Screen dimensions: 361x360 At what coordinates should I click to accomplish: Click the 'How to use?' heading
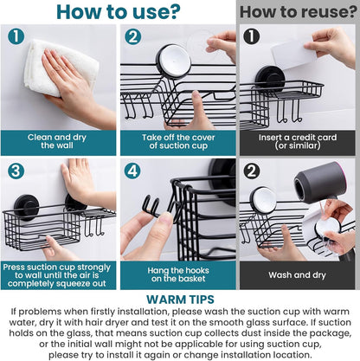(118, 12)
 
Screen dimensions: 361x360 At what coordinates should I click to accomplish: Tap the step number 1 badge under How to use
(15, 37)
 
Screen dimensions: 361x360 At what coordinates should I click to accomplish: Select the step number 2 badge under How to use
(132, 37)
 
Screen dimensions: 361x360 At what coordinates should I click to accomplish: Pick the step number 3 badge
(15, 170)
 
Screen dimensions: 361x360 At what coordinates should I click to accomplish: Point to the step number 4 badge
(132, 170)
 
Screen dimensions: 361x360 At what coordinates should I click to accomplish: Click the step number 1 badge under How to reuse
(250, 37)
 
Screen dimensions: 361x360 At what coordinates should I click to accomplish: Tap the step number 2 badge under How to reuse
(250, 170)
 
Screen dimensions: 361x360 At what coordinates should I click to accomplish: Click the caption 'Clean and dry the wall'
(59, 142)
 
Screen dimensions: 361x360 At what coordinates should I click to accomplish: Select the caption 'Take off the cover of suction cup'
(177, 142)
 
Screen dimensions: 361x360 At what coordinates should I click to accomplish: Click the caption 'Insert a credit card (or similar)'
(297, 142)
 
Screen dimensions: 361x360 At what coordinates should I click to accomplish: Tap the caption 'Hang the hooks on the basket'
(177, 274)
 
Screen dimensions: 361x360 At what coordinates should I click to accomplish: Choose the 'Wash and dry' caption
(297, 274)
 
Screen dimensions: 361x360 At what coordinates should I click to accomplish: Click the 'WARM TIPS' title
(180, 299)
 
